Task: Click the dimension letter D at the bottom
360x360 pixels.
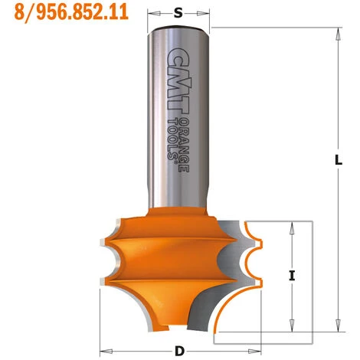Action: coord(178,350)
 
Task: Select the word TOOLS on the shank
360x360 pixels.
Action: coord(175,142)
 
